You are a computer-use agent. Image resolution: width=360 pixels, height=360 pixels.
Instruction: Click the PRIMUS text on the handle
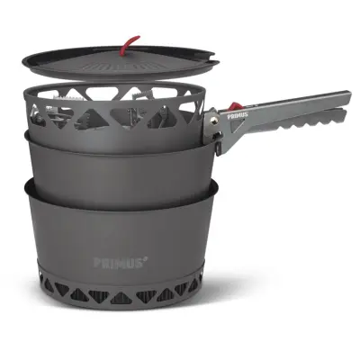(x=238, y=113)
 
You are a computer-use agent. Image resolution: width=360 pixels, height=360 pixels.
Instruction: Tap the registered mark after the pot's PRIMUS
(x=145, y=259)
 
